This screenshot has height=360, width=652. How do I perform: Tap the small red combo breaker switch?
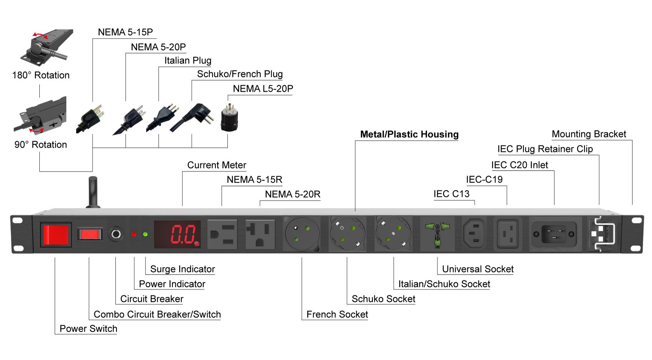90,235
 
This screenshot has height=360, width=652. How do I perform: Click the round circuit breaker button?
115,235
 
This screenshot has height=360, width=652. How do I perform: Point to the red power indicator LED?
134,234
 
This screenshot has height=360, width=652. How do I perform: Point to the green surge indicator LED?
145,234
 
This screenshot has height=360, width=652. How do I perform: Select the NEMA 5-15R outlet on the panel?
222,235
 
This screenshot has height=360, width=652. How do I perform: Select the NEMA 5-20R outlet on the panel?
260,235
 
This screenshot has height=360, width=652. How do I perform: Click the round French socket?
302,234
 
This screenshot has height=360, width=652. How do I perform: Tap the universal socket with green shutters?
437,234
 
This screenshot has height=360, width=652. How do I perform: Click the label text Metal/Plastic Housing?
409,134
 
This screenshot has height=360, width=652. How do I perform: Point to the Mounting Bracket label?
589,134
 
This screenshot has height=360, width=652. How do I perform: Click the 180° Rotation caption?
41,75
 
